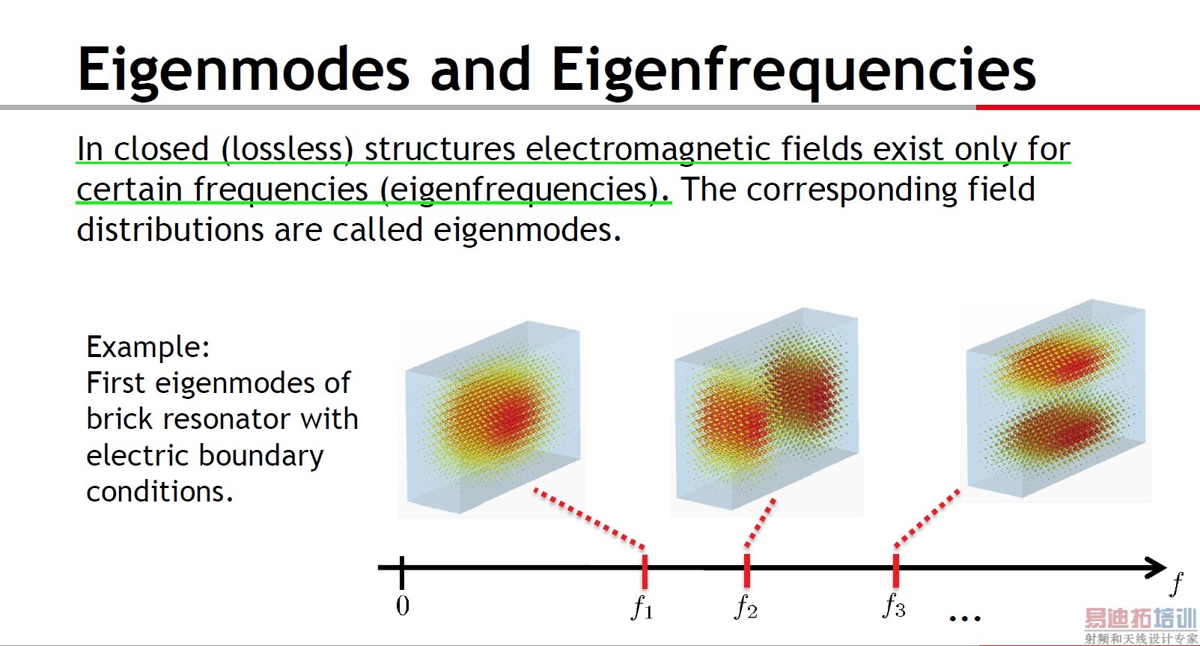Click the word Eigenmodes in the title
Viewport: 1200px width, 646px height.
pyautogui.click(x=244, y=70)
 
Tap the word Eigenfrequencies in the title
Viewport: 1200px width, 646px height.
pyautogui.click(x=794, y=70)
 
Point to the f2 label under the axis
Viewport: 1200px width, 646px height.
pyautogui.click(x=746, y=607)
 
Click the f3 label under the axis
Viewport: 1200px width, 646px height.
pyautogui.click(x=894, y=606)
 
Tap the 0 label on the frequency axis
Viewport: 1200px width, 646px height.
pyautogui.click(x=403, y=606)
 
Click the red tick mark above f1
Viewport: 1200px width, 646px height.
pyautogui.click(x=645, y=572)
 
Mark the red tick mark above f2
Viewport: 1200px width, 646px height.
pyautogui.click(x=747, y=570)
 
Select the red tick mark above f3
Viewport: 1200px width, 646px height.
pyautogui.click(x=896, y=570)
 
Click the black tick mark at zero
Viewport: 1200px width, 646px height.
pyautogui.click(x=402, y=572)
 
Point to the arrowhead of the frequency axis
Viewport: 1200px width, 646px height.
pyautogui.click(x=1156, y=568)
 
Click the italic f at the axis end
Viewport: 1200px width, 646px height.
pyautogui.click(x=1176, y=585)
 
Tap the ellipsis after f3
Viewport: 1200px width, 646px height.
pyautogui.click(x=965, y=619)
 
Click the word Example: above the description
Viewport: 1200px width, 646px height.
pyautogui.click(x=148, y=347)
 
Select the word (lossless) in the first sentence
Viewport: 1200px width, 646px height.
pyautogui.click(x=287, y=149)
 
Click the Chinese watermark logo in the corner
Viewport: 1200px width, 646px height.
pyautogui.click(x=1141, y=625)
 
